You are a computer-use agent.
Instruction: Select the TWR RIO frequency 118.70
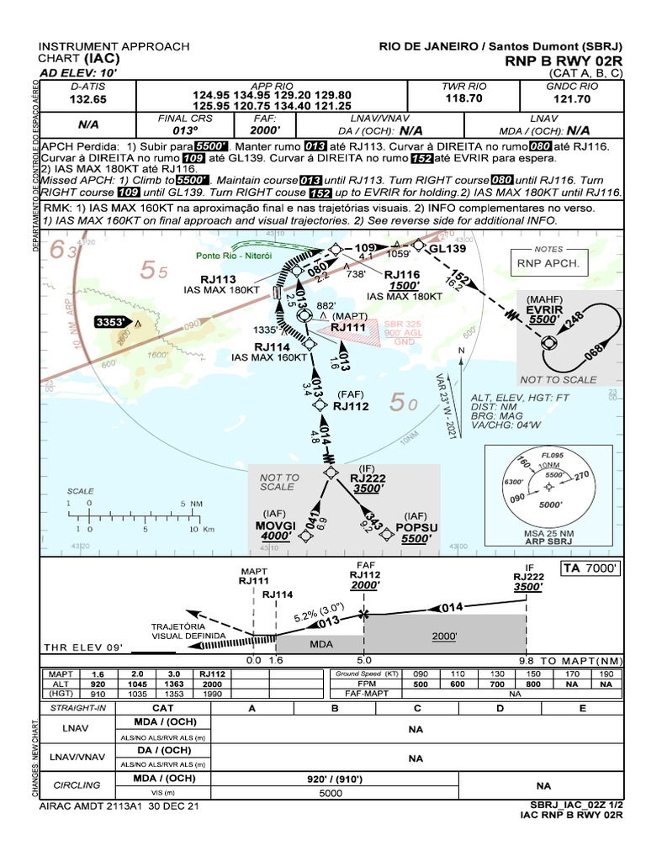(464, 99)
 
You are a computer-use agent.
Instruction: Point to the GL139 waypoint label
(447, 250)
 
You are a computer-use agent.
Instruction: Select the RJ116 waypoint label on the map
(402, 274)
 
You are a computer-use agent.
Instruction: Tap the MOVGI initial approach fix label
(276, 526)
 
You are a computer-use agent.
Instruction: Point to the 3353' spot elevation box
(115, 322)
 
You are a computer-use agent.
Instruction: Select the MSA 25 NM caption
(548, 533)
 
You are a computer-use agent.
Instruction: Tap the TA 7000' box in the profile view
(591, 568)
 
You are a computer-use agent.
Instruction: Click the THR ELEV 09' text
(83, 647)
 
